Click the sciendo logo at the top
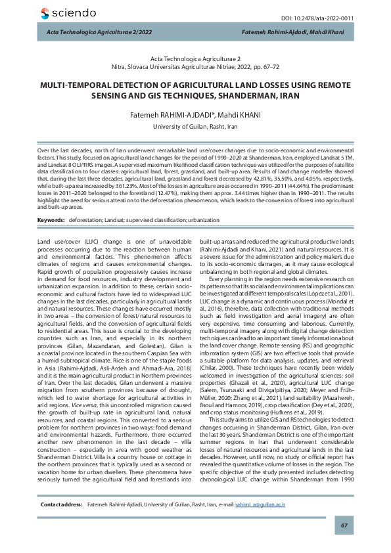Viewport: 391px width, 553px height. pyautogui.click(x=67, y=13)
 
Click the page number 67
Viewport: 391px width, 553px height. pyautogui.click(x=343, y=526)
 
